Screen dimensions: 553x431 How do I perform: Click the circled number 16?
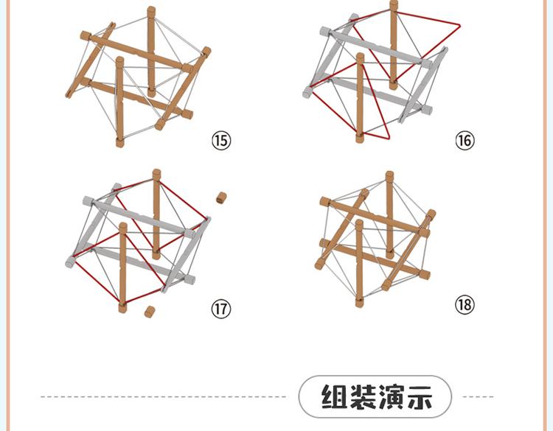point(465,140)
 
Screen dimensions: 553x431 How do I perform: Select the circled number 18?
point(465,305)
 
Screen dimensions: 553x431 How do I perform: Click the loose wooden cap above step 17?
point(220,197)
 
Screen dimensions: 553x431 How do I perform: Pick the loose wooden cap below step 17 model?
point(149,312)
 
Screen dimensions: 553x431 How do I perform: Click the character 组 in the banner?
point(335,398)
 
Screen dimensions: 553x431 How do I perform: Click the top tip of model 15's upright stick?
point(151,10)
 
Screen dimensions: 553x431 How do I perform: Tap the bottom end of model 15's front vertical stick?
point(120,142)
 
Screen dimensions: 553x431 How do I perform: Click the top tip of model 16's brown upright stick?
point(392,4)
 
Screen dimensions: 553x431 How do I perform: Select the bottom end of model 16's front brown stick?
point(359,138)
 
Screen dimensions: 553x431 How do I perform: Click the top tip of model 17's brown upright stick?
point(156,173)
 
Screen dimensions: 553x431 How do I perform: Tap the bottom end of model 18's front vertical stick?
point(359,302)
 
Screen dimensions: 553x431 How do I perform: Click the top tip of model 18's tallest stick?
point(389,175)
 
